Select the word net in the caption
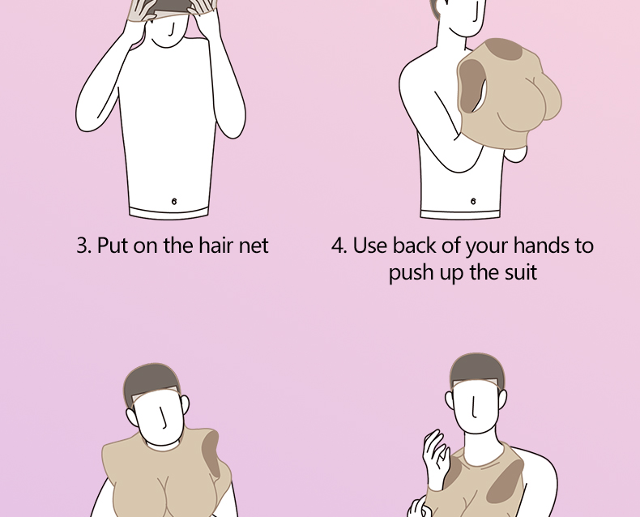click(254, 246)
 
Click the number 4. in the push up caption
click(339, 246)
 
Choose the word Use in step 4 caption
click(369, 246)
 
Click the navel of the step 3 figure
click(174, 201)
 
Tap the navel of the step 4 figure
click(473, 201)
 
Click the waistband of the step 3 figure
click(169, 212)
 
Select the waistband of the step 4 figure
click(460, 214)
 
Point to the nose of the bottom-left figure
click(164, 419)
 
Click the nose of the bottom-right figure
click(474, 407)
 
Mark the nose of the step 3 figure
click(172, 30)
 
